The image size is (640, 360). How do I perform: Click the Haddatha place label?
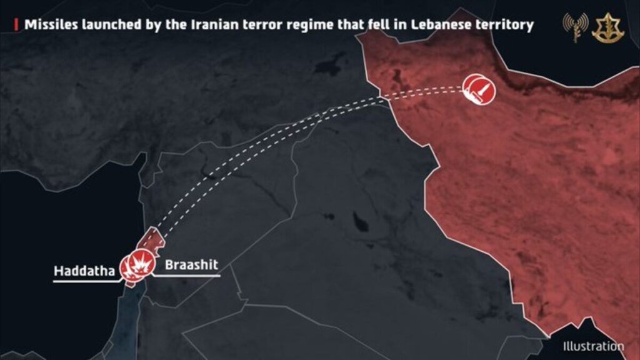(84, 271)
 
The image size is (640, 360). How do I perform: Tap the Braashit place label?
(191, 265)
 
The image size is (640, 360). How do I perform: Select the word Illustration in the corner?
(593, 346)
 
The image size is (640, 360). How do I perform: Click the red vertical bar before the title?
(16, 26)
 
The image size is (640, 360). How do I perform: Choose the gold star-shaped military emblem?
(604, 28)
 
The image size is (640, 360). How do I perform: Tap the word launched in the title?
(119, 26)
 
